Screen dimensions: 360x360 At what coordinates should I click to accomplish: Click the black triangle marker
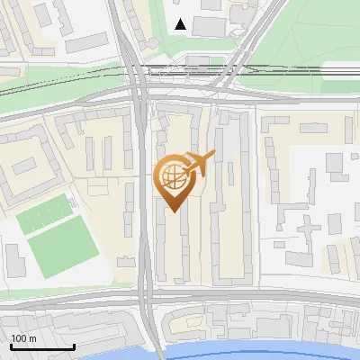(181, 24)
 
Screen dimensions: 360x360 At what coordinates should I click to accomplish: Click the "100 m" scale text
(23, 338)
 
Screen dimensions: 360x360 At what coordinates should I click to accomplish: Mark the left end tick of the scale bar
(10, 345)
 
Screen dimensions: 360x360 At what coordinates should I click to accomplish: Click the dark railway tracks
(270, 72)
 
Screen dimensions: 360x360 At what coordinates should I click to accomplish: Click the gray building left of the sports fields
(15, 259)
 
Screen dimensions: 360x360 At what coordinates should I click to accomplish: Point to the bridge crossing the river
(156, 346)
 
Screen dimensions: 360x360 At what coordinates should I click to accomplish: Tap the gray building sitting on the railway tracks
(196, 64)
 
